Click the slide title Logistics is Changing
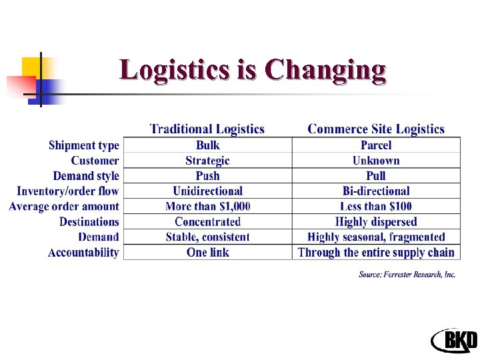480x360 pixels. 253,70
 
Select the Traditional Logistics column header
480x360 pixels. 207,129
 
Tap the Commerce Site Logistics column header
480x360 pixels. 375,129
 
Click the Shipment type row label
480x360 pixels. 83,145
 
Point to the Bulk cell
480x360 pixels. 207,145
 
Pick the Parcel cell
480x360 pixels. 375,145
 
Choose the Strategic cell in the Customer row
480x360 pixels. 207,161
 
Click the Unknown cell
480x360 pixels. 375,161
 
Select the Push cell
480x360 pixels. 207,176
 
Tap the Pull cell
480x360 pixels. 375,176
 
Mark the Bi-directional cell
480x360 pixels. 375,191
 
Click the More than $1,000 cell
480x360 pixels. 207,207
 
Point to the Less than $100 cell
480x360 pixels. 375,207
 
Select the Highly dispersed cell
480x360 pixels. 375,222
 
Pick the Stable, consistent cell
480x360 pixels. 207,237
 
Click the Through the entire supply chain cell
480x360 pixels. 375,253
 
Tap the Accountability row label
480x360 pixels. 83,253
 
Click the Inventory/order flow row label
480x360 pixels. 67,191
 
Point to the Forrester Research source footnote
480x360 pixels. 407,275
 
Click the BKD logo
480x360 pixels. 454,341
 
